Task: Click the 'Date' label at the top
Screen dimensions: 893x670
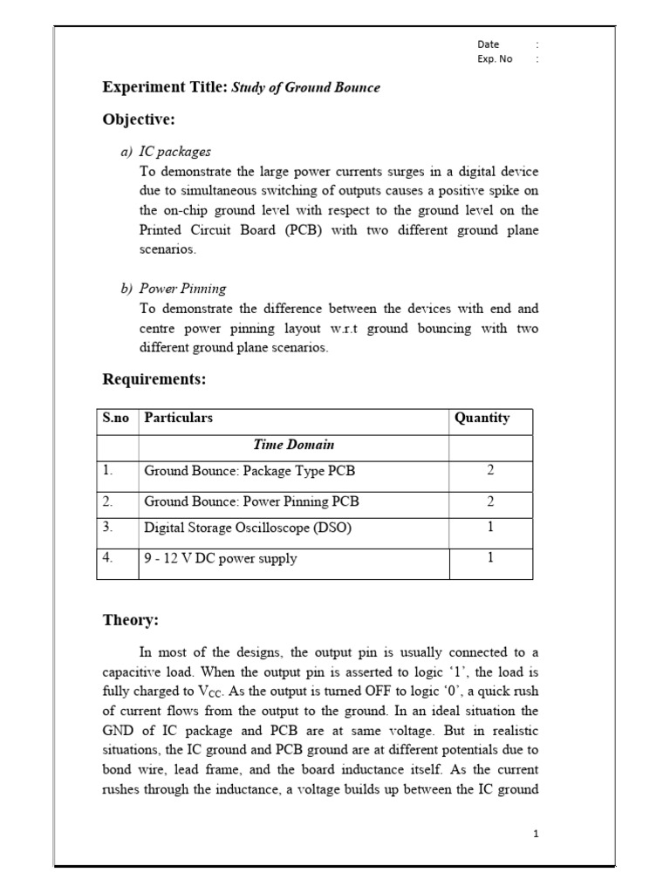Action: pos(488,44)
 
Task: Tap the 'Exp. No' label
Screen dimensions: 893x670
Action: pos(495,59)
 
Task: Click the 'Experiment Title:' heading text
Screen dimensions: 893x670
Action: pos(165,87)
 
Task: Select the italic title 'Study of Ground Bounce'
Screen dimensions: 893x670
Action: pos(305,88)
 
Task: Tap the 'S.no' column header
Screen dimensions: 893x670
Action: pos(115,418)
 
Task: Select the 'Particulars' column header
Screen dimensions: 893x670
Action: pos(178,418)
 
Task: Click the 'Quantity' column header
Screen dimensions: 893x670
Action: pos(482,418)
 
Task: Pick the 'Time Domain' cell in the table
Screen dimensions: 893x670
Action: pos(293,445)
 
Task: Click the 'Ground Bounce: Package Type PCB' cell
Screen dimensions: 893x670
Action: pos(250,471)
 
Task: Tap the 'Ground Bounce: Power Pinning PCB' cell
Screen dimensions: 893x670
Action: pos(251,501)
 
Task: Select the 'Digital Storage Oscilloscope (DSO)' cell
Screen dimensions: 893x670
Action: pos(248,528)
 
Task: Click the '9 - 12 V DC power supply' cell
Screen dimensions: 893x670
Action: pos(220,559)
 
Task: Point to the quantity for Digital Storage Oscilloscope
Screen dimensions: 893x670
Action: pos(490,527)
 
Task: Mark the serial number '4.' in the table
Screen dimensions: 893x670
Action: pos(108,558)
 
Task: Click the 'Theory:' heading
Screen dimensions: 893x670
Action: pos(131,620)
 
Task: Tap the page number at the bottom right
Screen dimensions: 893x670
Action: pos(537,834)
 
